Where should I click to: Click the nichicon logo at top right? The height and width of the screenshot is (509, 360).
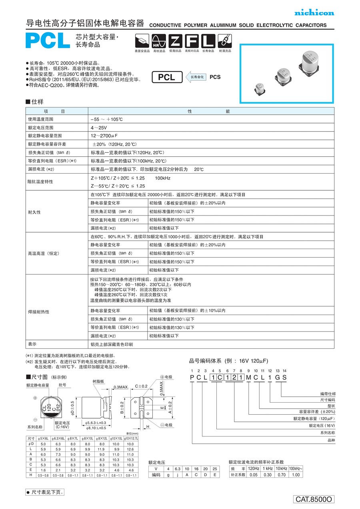(314, 13)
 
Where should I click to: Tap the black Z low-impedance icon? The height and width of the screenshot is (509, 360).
(174, 41)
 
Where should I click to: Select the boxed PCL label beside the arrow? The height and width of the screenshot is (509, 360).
(166, 77)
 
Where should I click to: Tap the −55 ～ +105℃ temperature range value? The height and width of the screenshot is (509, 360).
(107, 119)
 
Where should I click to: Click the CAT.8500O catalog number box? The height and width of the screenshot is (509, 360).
(314, 499)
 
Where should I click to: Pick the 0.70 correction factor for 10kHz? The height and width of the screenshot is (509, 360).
(281, 475)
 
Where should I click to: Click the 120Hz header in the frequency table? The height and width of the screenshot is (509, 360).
(254, 468)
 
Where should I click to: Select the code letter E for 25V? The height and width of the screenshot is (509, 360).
(215, 475)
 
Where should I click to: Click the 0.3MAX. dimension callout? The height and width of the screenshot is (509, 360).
(121, 387)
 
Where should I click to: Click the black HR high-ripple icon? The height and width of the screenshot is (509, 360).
(158, 41)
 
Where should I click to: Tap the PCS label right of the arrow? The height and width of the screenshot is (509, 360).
(215, 77)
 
